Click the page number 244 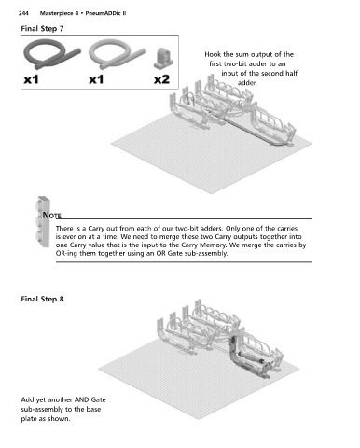point(23,13)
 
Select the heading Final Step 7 point(42,29)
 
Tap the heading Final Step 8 point(42,299)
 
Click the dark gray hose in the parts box point(51,55)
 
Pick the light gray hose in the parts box point(117,55)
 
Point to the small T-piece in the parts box point(163,59)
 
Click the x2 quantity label point(161,79)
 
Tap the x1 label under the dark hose point(32,79)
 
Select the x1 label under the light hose point(96,79)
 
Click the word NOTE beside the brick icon point(51,216)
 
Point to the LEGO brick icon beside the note point(43,222)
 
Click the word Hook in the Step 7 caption point(213,54)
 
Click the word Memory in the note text point(215,245)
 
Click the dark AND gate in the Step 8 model point(249,357)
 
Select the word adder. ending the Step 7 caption point(247,83)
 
